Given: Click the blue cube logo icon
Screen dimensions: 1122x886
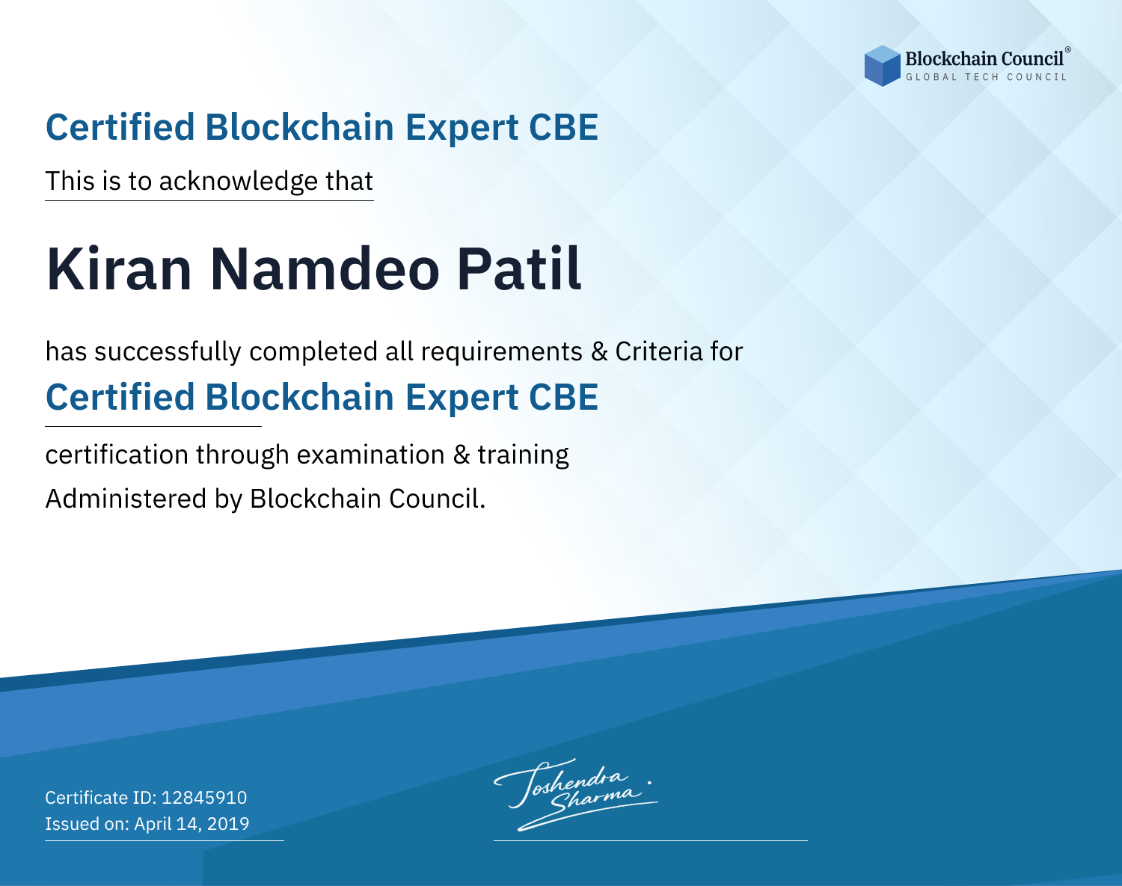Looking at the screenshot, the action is (882, 66).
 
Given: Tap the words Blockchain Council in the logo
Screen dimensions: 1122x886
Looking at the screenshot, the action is (984, 59).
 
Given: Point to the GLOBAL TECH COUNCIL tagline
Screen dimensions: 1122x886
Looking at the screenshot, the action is (987, 77).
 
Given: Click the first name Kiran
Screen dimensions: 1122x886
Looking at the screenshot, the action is (119, 269).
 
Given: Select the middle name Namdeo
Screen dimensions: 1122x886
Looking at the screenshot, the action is (325, 269).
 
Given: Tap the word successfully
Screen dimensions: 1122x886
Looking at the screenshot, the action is (168, 352).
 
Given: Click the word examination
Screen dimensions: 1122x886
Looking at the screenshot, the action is (371, 455).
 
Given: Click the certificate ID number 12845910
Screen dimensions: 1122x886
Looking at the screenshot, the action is (204, 797).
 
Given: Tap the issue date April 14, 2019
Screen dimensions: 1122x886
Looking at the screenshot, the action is (192, 823).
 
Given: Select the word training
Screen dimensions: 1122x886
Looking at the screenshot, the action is (524, 455).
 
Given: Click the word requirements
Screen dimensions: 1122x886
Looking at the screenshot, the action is (502, 352).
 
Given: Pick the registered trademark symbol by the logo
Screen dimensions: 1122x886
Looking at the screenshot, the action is (1068, 49).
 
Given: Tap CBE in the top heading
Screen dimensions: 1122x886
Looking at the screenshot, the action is (563, 127).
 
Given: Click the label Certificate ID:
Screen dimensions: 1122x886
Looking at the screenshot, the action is (101, 797).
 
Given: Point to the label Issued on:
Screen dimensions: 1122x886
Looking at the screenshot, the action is (87, 823).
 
